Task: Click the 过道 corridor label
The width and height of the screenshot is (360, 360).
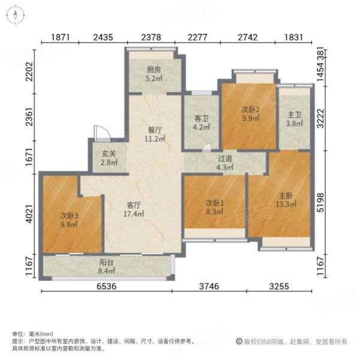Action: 225,159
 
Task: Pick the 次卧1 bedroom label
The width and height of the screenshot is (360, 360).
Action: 214,203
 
